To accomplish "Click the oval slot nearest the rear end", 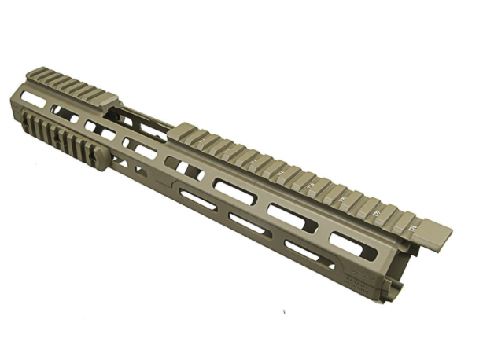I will (33, 99).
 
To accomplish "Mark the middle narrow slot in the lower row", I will (250, 224).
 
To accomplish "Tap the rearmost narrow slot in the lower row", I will (198, 200).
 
